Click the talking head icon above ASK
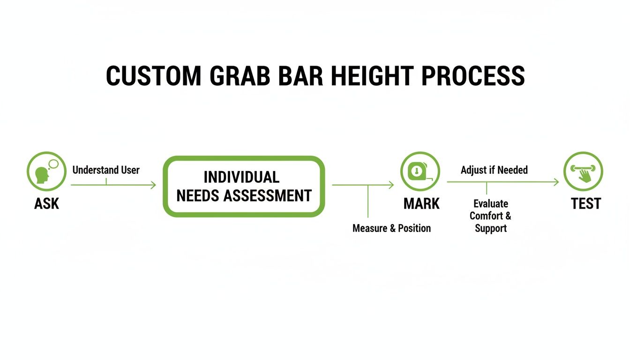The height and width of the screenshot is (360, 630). click(x=46, y=171)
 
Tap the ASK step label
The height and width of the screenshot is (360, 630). click(x=47, y=204)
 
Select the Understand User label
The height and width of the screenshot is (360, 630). click(x=106, y=170)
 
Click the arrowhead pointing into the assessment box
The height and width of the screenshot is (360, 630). click(x=153, y=185)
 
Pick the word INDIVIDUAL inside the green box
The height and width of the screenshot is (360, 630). click(x=241, y=177)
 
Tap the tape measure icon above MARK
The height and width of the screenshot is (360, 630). click(x=420, y=171)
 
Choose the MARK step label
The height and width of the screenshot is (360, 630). click(x=421, y=204)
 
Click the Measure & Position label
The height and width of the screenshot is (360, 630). click(x=391, y=228)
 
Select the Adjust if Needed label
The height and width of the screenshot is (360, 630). click(x=494, y=170)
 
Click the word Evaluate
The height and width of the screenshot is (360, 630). click(x=491, y=204)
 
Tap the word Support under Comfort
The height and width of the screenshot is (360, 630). click(x=491, y=229)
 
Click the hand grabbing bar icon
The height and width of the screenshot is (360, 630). click(x=583, y=171)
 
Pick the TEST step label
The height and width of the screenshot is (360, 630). click(x=585, y=204)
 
